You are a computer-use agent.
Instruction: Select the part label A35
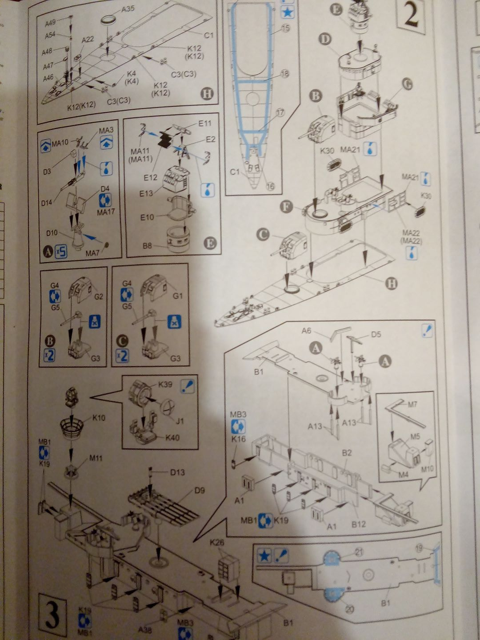[127, 8]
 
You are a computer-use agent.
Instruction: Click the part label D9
[200, 490]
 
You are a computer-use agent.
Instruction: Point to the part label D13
[177, 472]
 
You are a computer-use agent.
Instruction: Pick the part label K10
[99, 418]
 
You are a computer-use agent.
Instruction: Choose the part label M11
[96, 458]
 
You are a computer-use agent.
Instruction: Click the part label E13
[146, 193]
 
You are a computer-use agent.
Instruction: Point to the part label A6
[306, 331]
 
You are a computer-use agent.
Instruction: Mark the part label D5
[376, 334]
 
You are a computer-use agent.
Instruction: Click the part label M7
[412, 404]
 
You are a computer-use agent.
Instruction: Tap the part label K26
[217, 542]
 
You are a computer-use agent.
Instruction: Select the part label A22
[88, 40]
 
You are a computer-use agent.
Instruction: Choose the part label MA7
[92, 253]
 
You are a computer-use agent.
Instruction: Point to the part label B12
[358, 524]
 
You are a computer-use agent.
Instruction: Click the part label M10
[427, 468]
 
